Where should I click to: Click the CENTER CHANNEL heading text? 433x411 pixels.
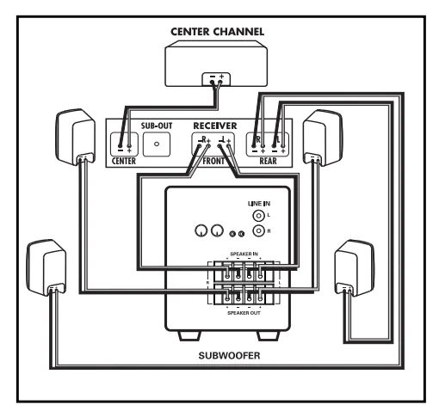tap(217, 32)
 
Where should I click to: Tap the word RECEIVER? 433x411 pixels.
tap(215, 126)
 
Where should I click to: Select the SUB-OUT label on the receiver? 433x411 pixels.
tap(157, 126)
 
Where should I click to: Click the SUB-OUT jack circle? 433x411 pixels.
tap(157, 144)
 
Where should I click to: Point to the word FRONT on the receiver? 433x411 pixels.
tap(213, 161)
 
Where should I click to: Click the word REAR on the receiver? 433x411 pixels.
tap(268, 161)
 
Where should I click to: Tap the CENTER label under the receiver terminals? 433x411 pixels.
tap(124, 161)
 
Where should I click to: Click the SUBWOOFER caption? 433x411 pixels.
tap(229, 356)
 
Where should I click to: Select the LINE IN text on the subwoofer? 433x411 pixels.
tap(259, 204)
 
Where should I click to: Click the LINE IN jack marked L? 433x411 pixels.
tap(258, 216)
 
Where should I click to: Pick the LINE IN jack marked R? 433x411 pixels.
tap(258, 230)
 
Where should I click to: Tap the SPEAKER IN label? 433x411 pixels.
tap(244, 254)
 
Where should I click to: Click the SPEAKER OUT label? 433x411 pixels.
tap(244, 313)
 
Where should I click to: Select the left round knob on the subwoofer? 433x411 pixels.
tap(201, 230)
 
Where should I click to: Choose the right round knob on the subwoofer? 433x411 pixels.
tap(217, 230)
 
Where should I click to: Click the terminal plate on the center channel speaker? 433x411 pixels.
tap(216, 79)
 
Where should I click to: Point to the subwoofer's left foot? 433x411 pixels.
tap(189, 336)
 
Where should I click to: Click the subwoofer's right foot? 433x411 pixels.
tap(269, 336)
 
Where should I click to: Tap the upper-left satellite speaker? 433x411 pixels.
tap(76, 137)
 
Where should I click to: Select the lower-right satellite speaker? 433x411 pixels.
tap(355, 268)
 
